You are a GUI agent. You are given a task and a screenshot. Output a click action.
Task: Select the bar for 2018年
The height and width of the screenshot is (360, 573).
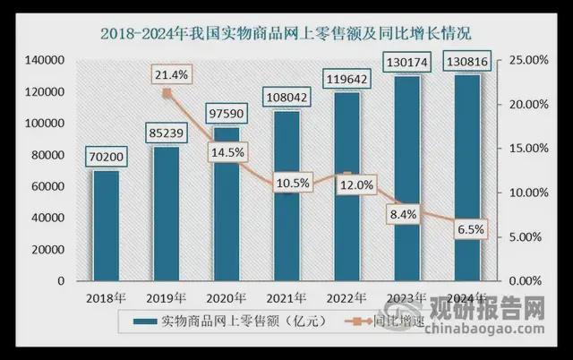click(x=106, y=225)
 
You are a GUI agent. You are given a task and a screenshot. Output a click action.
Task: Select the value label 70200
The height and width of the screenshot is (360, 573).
click(x=106, y=159)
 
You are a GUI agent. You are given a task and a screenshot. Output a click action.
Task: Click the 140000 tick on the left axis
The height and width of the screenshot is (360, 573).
click(x=42, y=60)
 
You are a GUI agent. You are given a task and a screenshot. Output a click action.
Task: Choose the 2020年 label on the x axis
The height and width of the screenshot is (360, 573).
click(x=226, y=298)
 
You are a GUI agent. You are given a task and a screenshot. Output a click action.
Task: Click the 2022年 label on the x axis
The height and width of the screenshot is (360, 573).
click(x=346, y=298)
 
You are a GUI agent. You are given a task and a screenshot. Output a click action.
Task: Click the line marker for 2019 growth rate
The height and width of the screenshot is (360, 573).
click(x=167, y=91)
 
